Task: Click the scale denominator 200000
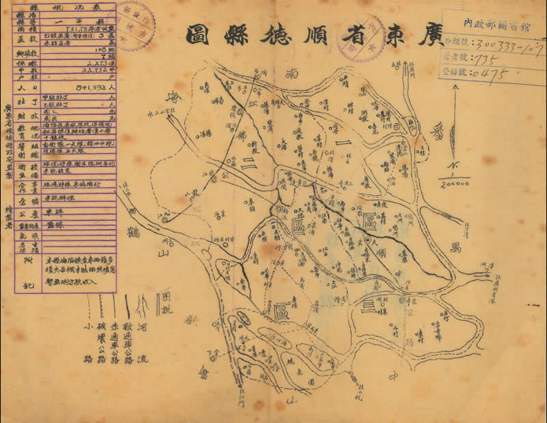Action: pyautogui.click(x=455, y=183)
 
